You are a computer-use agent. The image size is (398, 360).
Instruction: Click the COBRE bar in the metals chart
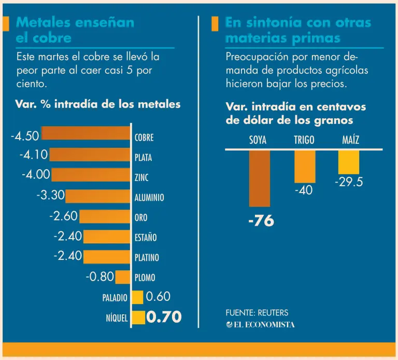point(86,134)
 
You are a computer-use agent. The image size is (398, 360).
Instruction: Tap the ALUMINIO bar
point(98,196)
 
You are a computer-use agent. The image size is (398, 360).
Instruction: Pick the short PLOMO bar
point(123,277)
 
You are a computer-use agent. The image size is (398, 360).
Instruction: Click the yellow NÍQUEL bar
point(138,317)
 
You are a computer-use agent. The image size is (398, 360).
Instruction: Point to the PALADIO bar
point(137,297)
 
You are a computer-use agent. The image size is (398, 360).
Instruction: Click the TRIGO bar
point(305,167)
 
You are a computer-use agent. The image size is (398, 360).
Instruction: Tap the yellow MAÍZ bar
point(349,162)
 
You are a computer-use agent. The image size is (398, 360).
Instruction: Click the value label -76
point(261,221)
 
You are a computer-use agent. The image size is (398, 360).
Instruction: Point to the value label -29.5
point(348,183)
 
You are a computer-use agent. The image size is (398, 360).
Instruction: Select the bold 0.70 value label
point(164,317)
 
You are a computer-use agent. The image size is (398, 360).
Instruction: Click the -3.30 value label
point(50,196)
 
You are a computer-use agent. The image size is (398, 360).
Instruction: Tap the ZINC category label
point(141,178)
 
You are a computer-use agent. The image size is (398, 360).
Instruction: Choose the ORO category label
point(141,218)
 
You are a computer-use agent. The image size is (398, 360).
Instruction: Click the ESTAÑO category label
point(146,238)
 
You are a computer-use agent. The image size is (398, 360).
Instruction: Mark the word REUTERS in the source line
point(272,313)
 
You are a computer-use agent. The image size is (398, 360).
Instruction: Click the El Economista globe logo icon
point(230,324)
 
